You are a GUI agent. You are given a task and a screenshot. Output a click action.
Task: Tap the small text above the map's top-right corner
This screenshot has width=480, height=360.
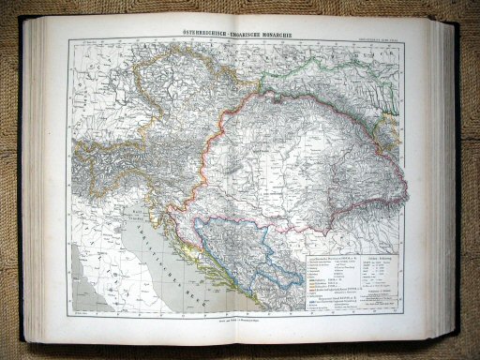pos(389,37)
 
